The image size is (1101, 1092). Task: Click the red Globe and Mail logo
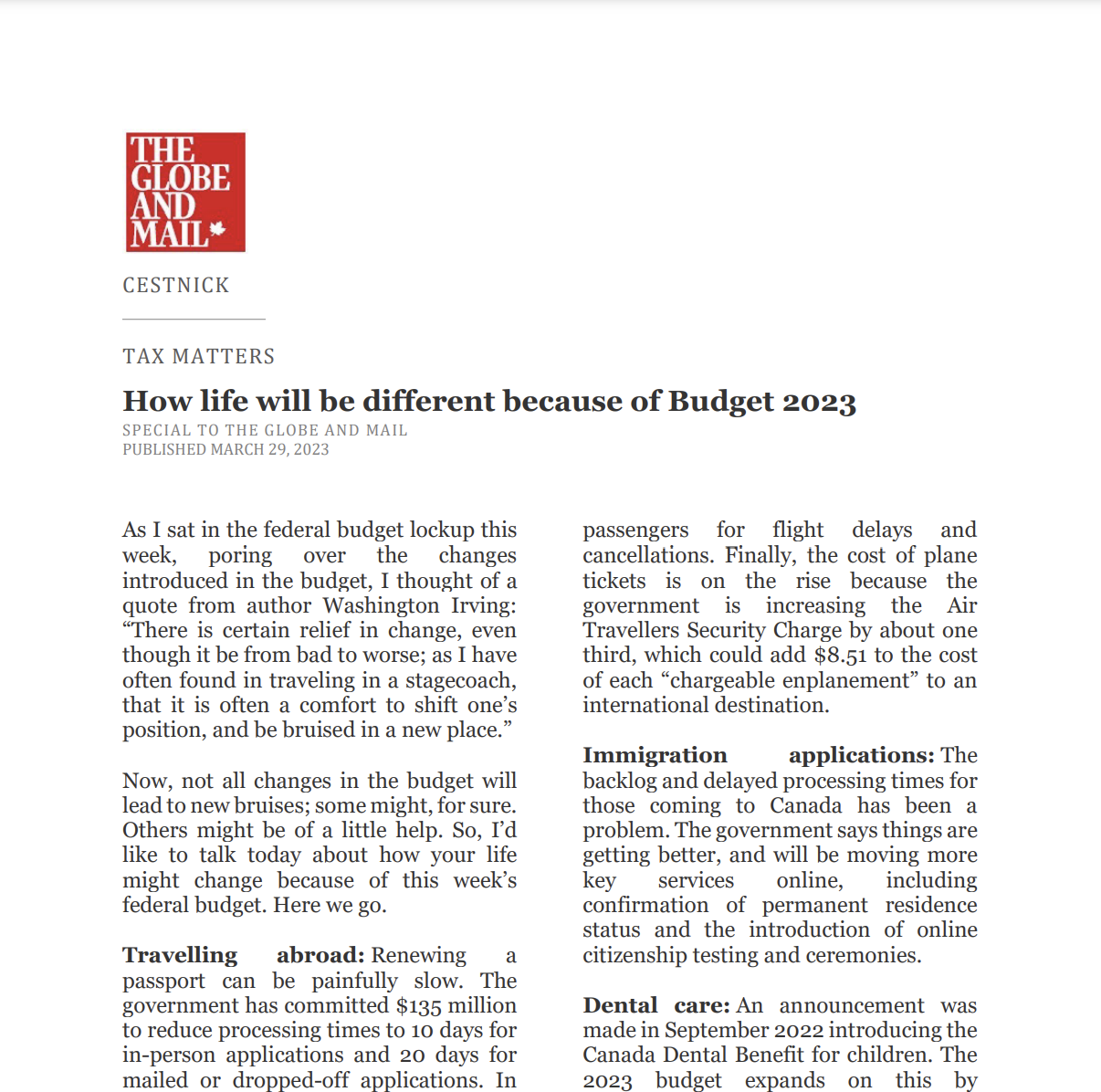point(185,192)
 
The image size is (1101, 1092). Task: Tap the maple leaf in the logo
point(217,230)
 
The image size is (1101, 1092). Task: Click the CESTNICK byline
point(176,286)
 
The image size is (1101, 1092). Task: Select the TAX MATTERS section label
point(199,356)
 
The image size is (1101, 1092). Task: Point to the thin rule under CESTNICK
point(194,319)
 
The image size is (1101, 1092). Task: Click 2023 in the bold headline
point(819,402)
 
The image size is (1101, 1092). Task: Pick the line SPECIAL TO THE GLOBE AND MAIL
point(265,430)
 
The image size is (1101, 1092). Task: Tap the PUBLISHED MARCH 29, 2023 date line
point(225,449)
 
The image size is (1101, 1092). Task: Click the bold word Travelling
point(180,955)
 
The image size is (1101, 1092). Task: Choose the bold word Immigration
point(655,755)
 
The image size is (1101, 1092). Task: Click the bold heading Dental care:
point(656,1005)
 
